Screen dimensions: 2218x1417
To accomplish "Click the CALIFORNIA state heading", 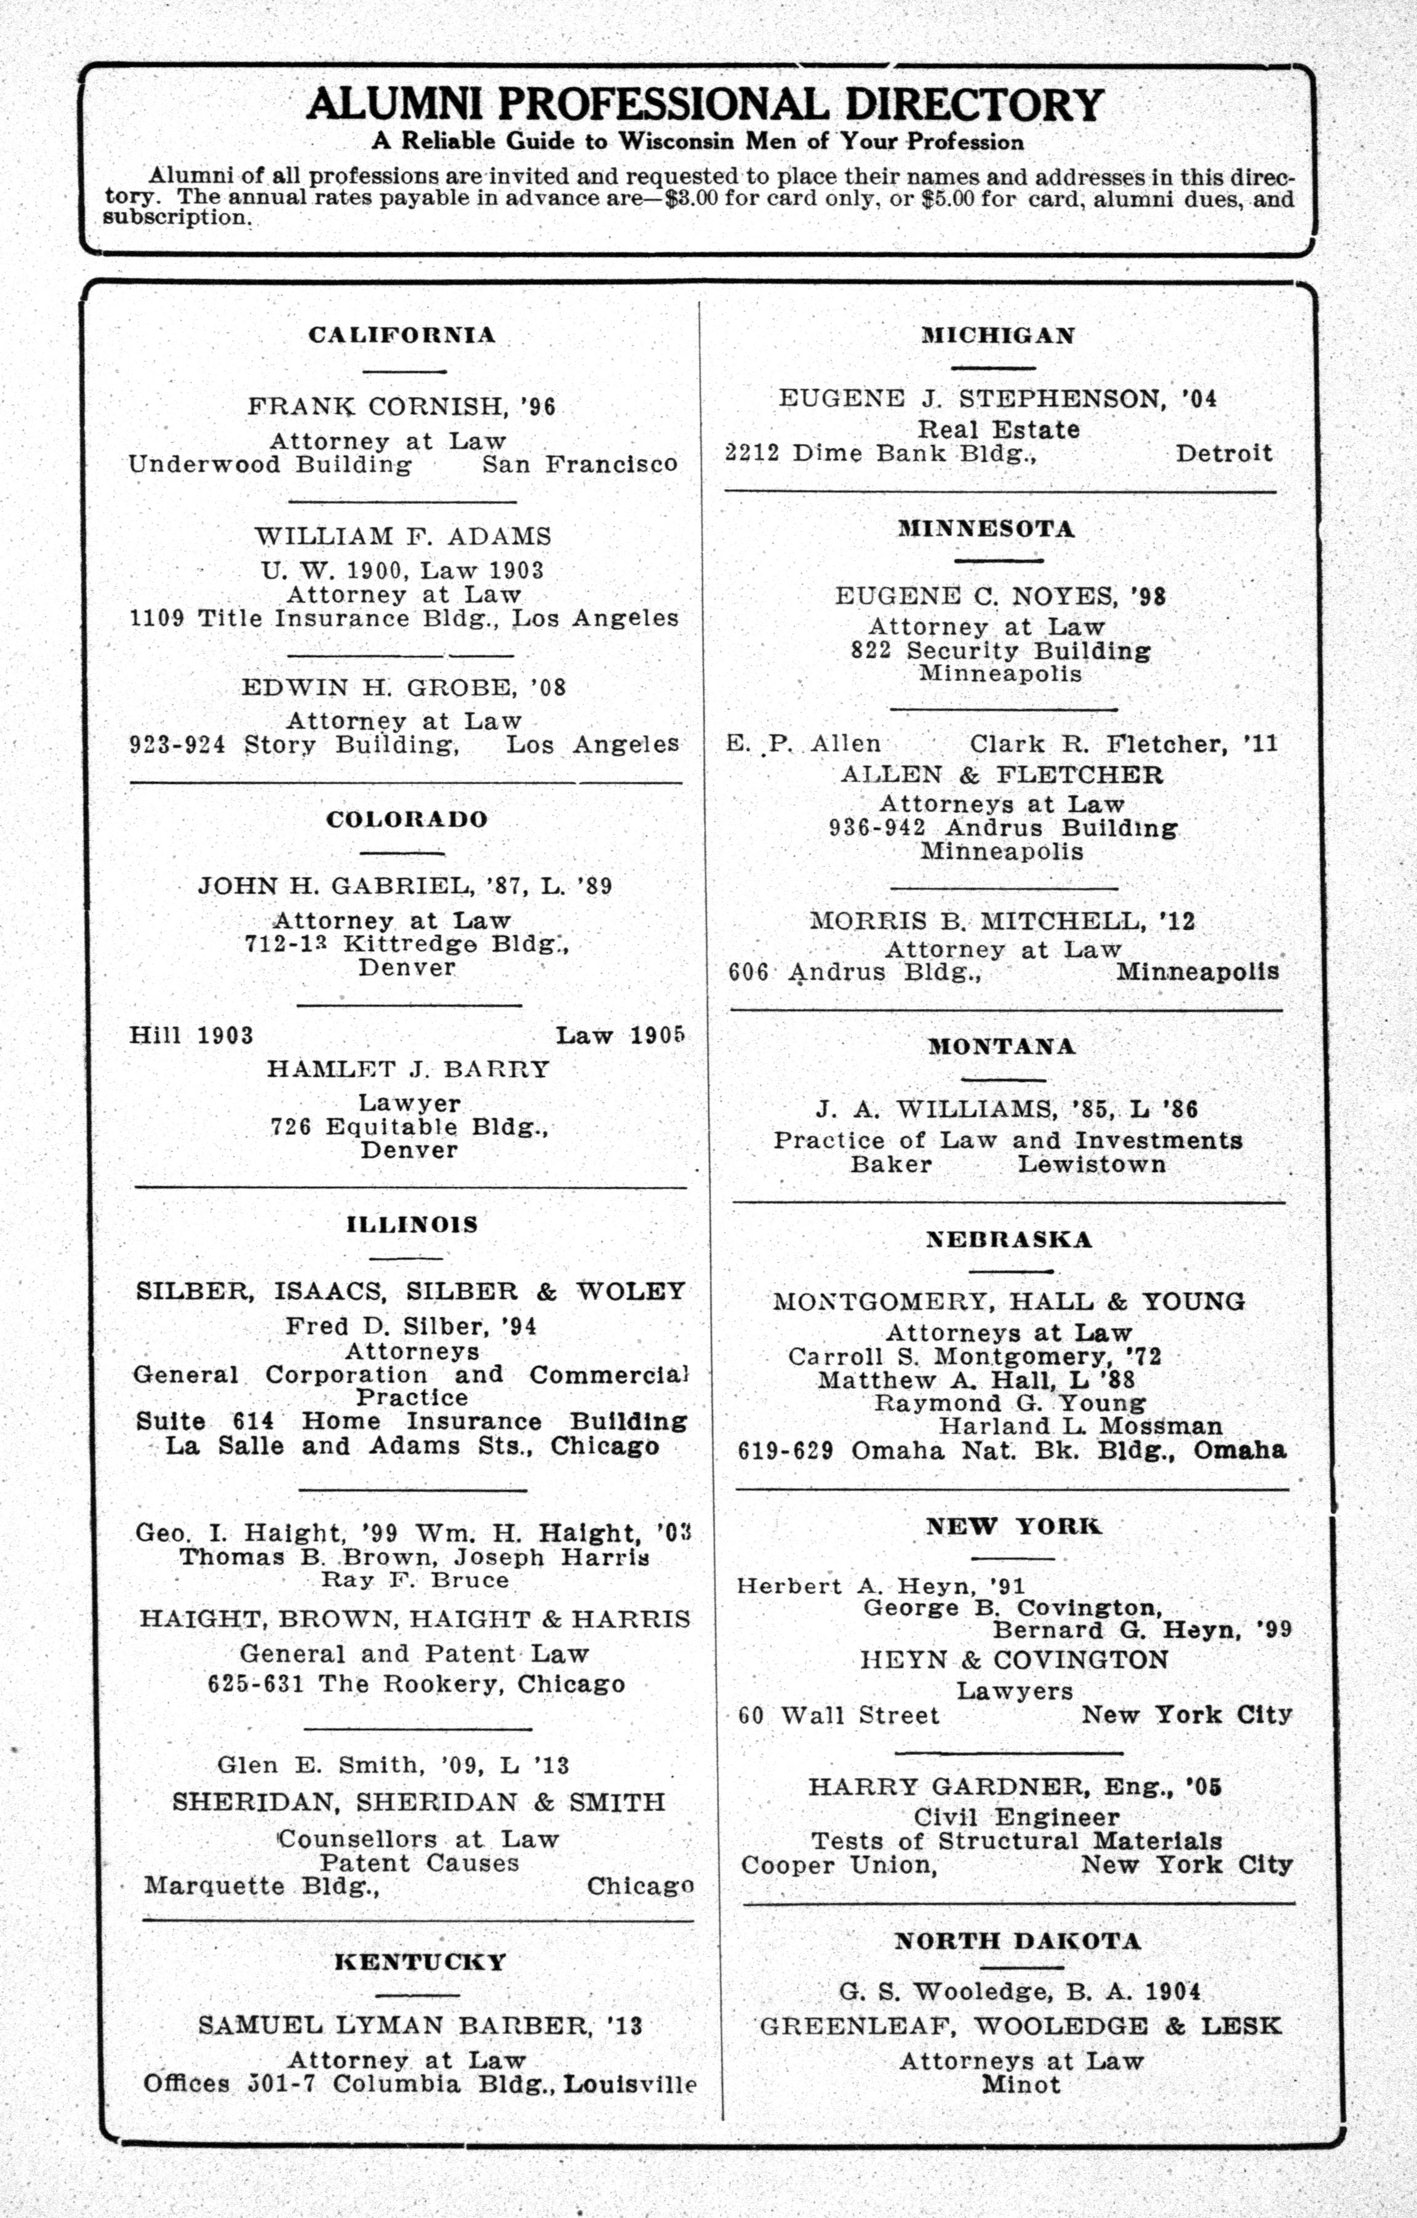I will (x=402, y=335).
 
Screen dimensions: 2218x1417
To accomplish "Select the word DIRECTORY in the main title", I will (x=974, y=105).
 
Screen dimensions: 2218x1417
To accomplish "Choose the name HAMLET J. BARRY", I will (x=408, y=1069).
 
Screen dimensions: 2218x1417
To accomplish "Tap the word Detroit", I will (x=1224, y=453).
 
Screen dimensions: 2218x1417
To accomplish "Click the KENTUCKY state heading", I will (x=420, y=1962).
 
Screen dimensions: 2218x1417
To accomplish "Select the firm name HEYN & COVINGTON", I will (x=1013, y=1660).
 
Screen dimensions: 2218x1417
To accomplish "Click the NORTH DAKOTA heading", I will (x=1017, y=1941).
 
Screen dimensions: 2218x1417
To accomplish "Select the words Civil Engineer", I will (x=1016, y=1817).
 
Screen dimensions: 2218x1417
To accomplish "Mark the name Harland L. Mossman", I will (x=1080, y=1427).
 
